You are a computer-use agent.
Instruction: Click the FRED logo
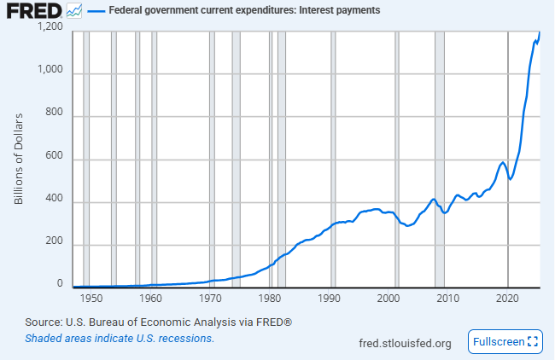[34, 11]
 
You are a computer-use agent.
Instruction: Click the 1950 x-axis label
[91, 299]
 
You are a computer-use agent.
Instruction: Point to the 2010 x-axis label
[448, 299]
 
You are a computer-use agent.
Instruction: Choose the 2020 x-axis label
[508, 299]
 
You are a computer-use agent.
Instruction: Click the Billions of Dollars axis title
[19, 159]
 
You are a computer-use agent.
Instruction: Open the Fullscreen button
[505, 341]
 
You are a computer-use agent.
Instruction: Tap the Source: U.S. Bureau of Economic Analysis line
[159, 322]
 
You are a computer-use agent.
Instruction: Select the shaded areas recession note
[120, 338]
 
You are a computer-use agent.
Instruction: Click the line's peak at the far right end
[540, 32]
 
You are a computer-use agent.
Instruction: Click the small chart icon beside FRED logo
[75, 11]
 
